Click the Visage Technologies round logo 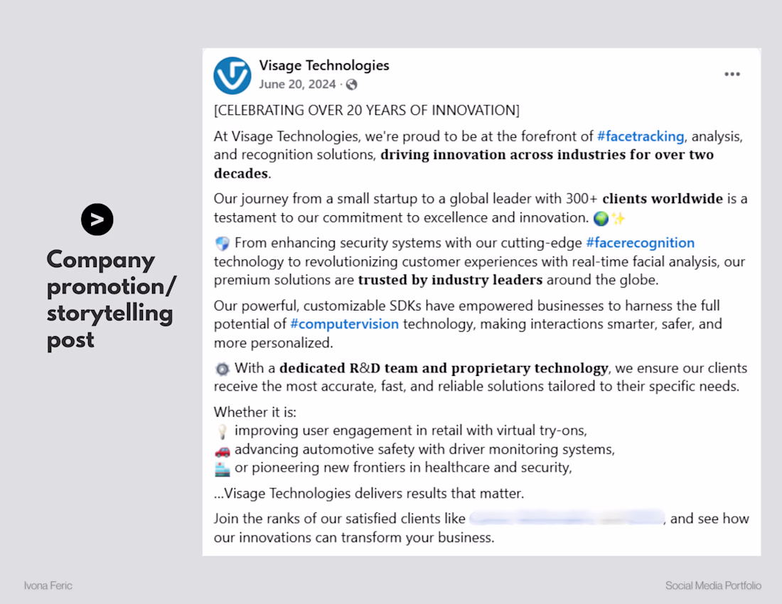pyautogui.click(x=232, y=75)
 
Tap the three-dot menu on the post pyautogui.click(x=732, y=75)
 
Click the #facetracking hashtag pyautogui.click(x=641, y=136)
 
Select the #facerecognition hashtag pyautogui.click(x=640, y=243)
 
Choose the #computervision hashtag pyautogui.click(x=344, y=325)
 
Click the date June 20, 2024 pyautogui.click(x=297, y=85)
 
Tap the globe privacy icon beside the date pyautogui.click(x=351, y=85)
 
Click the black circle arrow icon pyautogui.click(x=97, y=220)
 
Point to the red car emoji pyautogui.click(x=223, y=451)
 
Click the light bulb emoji pyautogui.click(x=222, y=431)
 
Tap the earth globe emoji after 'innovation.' pyautogui.click(x=600, y=218)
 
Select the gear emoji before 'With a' pyautogui.click(x=222, y=369)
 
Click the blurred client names pyautogui.click(x=567, y=519)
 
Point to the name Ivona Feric pyautogui.click(x=48, y=586)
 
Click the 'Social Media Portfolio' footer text pyautogui.click(x=713, y=586)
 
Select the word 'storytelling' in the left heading pyautogui.click(x=110, y=314)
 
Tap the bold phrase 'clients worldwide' pyautogui.click(x=663, y=199)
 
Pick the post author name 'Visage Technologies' pyautogui.click(x=324, y=65)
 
